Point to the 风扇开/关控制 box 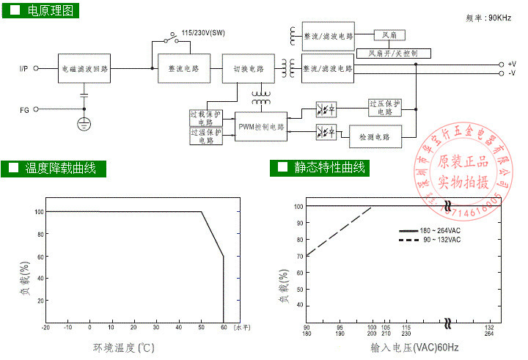[394, 53]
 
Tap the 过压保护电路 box [385, 109]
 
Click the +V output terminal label [511, 64]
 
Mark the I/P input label [24, 70]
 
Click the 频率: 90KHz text [488, 17]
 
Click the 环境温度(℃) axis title [123, 347]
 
